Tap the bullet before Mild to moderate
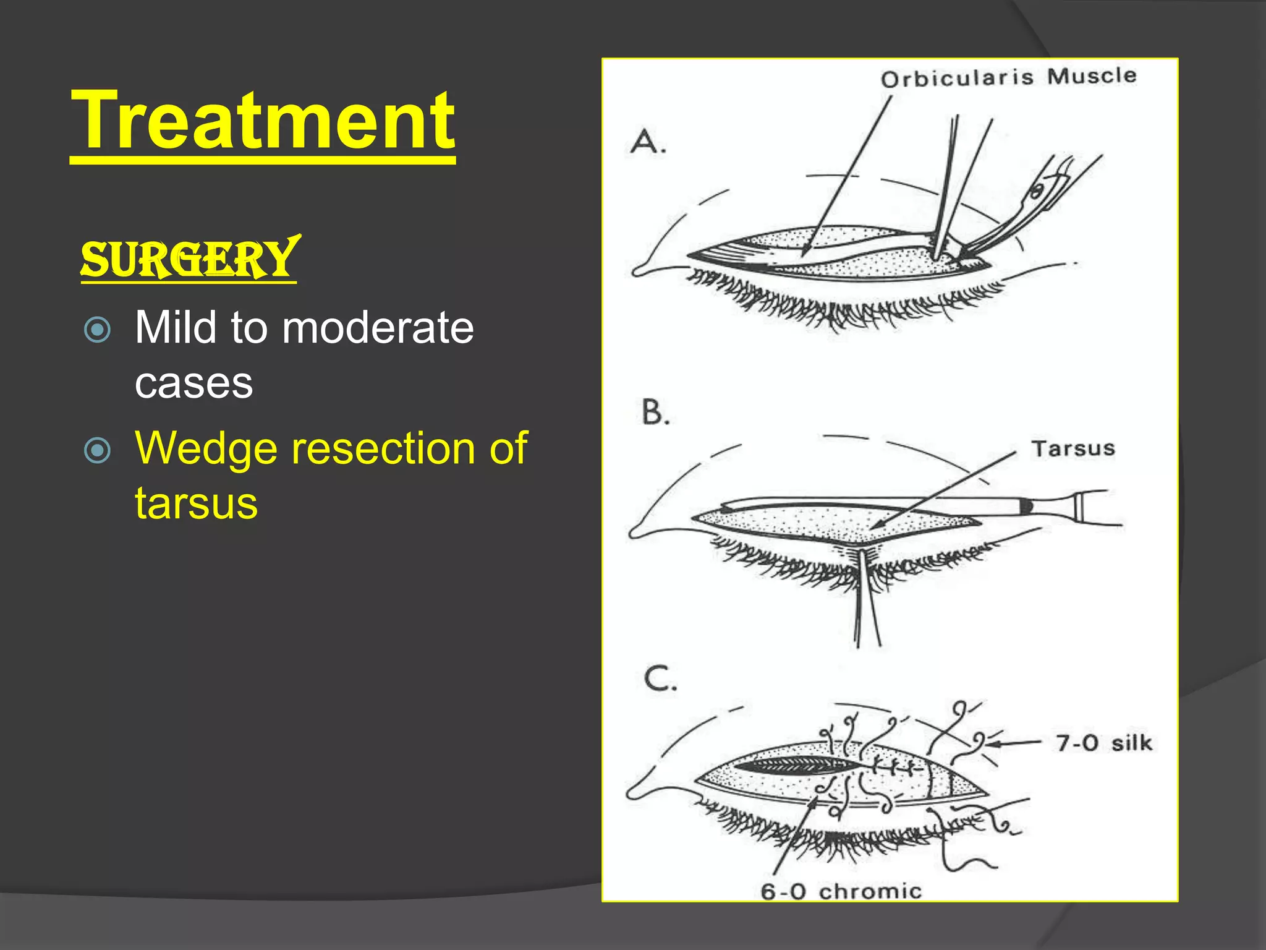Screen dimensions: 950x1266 [97, 330]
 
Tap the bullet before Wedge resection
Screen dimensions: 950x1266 [97, 450]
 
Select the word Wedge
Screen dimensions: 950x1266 [206, 449]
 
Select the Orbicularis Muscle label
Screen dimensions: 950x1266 [1008, 77]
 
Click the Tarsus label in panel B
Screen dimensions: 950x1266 [1073, 448]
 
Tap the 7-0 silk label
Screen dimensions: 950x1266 [1104, 743]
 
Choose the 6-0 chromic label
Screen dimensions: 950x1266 [841, 891]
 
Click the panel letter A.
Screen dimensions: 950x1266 [647, 142]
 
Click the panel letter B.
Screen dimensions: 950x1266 [655, 412]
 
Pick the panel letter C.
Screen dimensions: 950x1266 [660, 678]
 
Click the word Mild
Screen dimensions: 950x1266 [176, 328]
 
